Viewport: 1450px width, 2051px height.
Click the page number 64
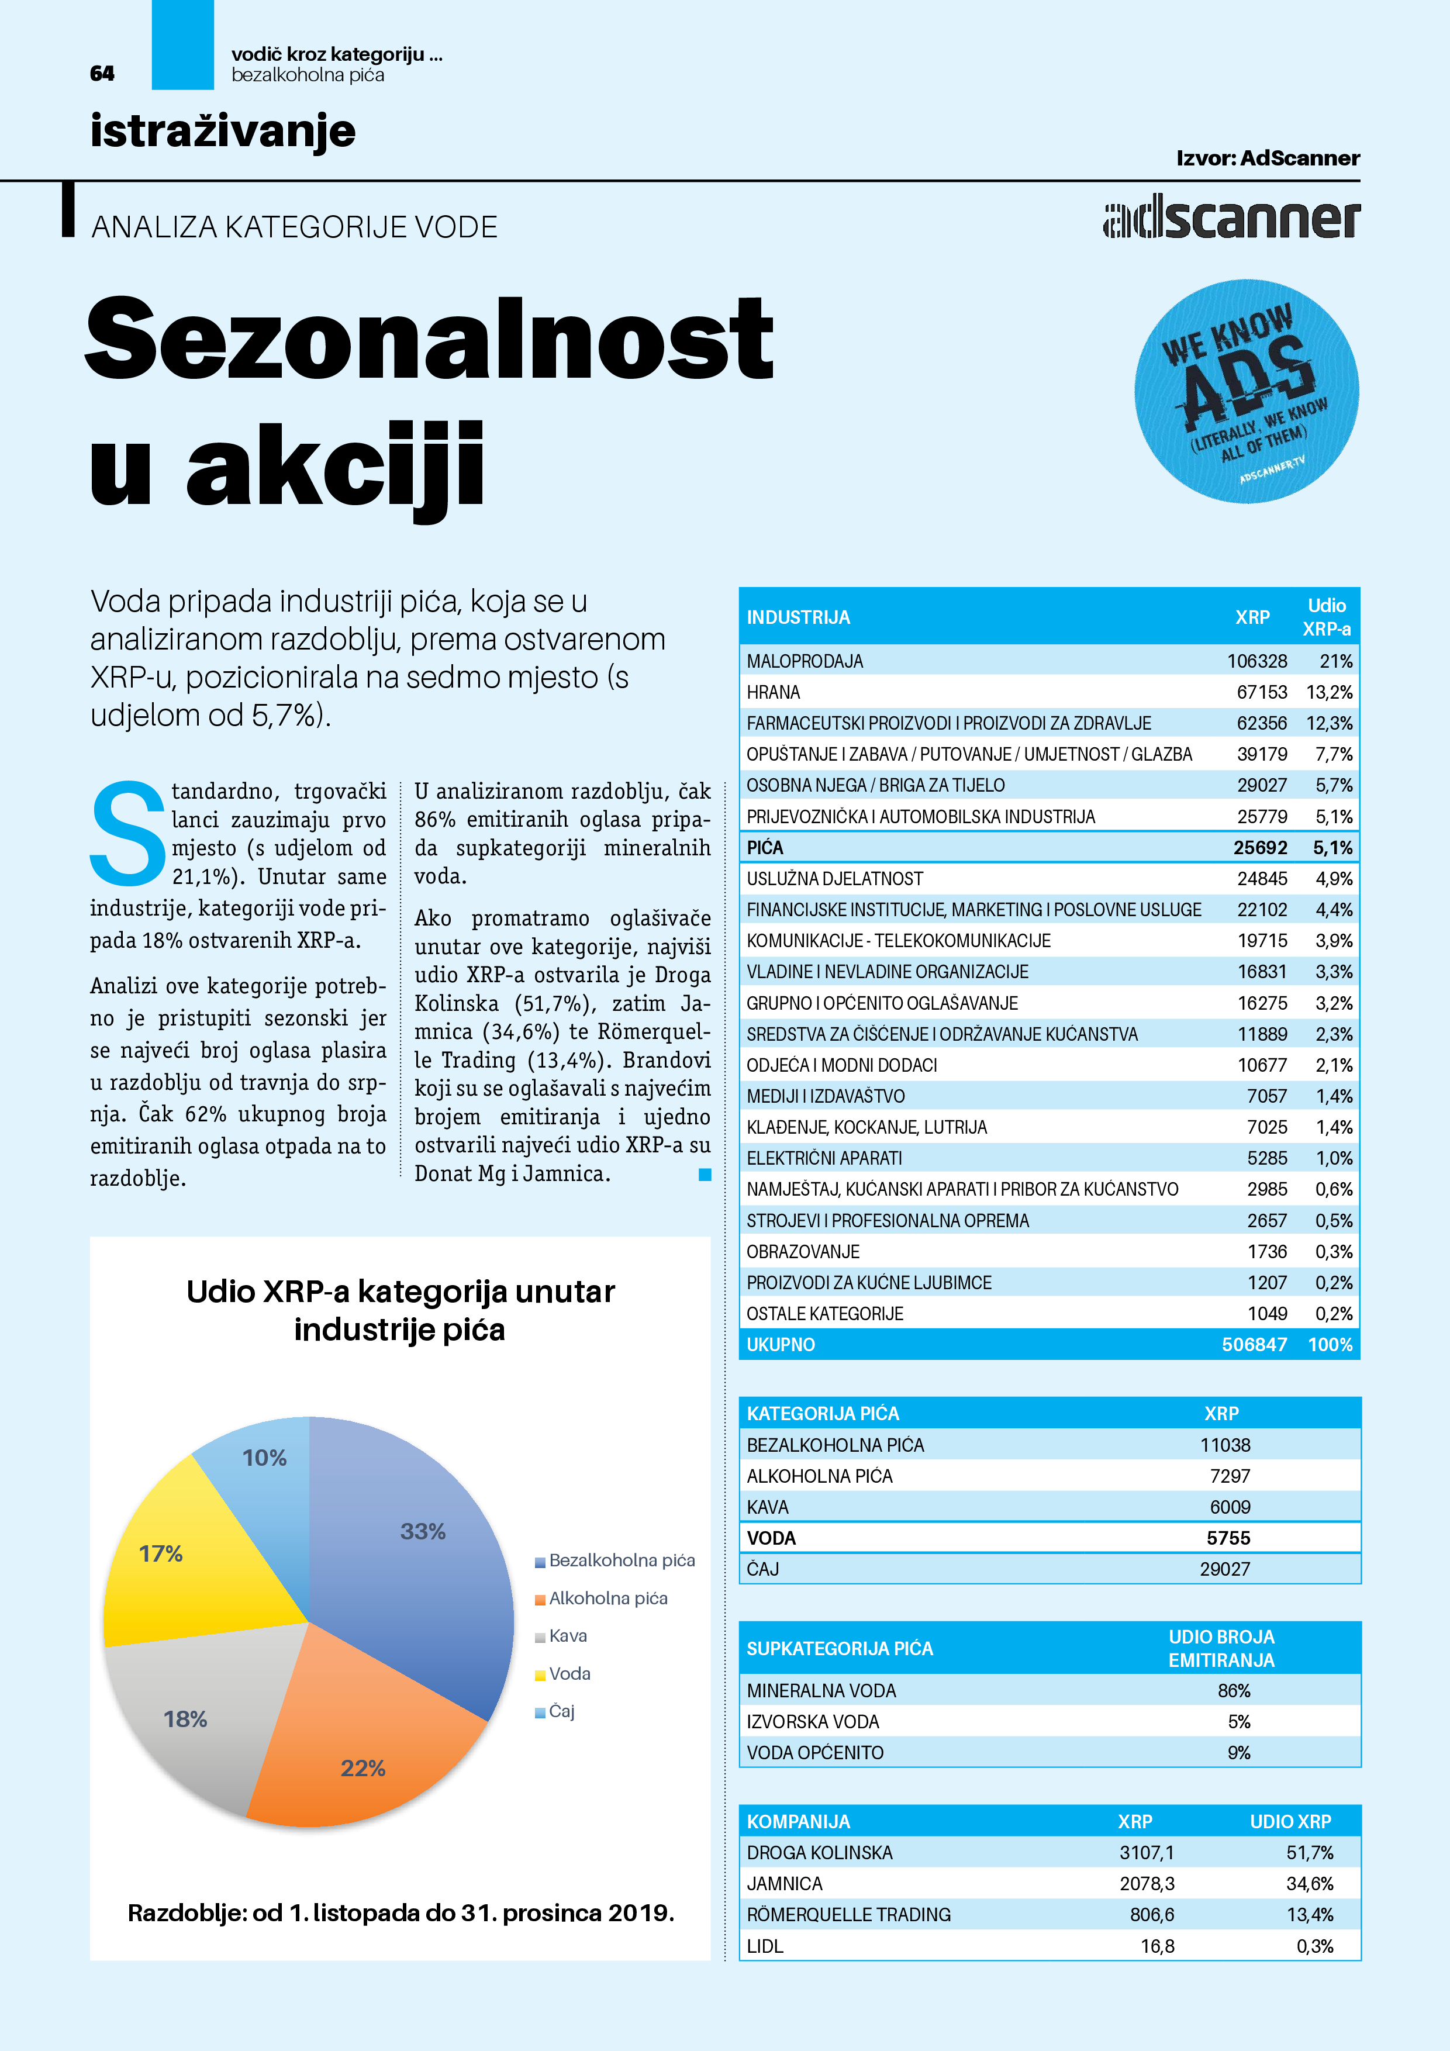pos(102,73)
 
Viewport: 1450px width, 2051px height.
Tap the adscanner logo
pos(1231,218)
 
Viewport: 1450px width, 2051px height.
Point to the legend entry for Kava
pos(567,1636)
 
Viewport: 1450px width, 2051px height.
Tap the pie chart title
pos(401,1310)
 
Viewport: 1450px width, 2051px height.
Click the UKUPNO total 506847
pos(1254,1344)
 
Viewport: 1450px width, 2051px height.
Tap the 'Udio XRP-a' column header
pos(1326,617)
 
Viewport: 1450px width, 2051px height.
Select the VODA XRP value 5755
pos(1228,1537)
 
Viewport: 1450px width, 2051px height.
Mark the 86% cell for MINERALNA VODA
pos(1233,1690)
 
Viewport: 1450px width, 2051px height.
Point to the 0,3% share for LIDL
pos(1314,1946)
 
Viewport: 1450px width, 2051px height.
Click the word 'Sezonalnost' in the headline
pos(429,340)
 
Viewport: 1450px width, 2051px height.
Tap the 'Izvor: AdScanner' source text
pos(1267,158)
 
